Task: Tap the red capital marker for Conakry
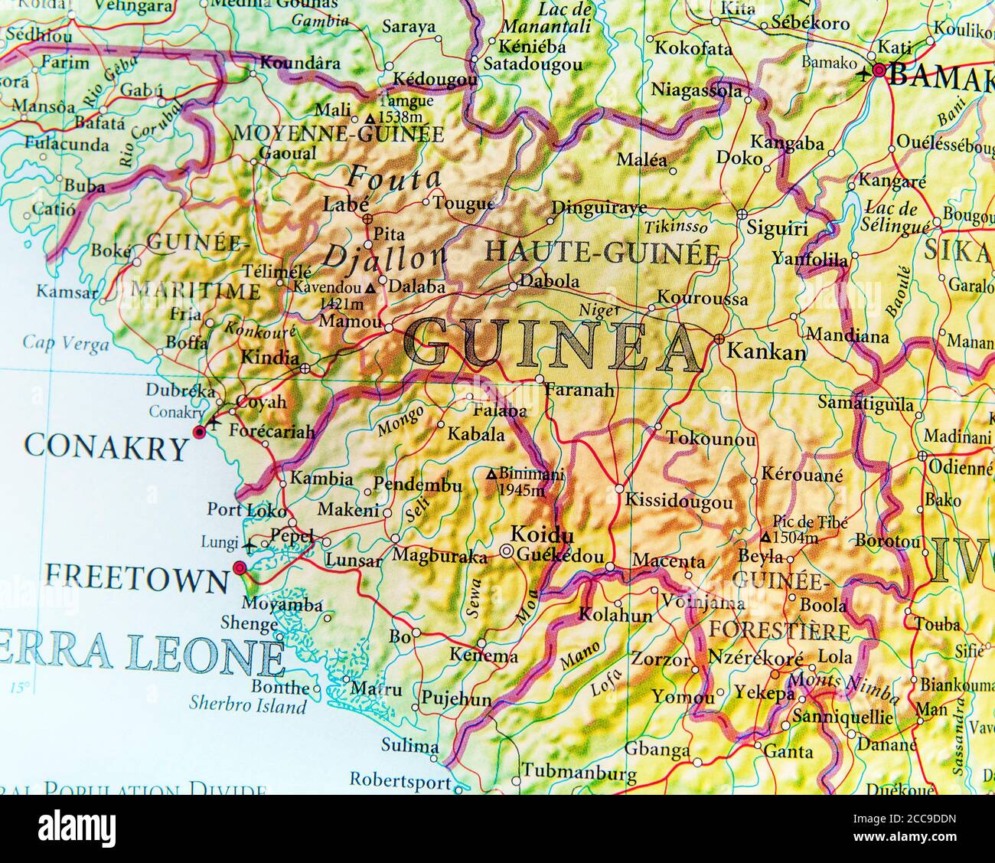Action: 200,433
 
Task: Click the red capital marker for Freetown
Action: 240,568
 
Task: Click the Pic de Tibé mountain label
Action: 800,531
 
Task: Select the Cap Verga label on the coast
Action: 65,344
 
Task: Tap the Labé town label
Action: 347,204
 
